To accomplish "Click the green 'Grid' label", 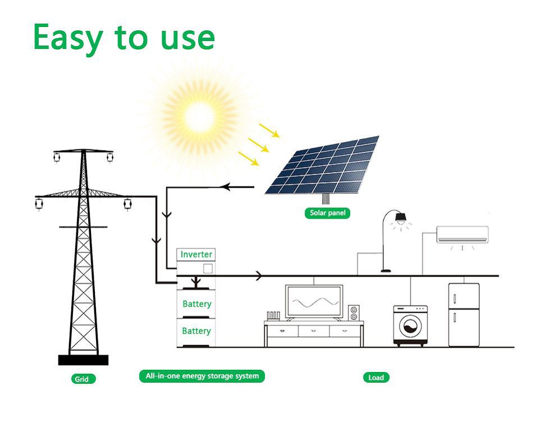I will click(82, 379).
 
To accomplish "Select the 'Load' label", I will click(376, 378).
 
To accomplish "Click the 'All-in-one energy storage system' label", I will click(202, 376).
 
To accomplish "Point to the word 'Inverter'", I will click(196, 255).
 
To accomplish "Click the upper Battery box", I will click(196, 304).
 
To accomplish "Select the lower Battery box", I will click(196, 331).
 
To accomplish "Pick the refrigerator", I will click(464, 315).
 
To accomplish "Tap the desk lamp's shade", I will click(401, 217).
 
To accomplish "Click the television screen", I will click(314, 302).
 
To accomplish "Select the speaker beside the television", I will click(354, 313).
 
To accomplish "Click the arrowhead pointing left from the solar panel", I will click(227, 187).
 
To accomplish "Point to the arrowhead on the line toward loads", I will click(259, 276).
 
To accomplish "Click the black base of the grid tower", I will click(83, 360).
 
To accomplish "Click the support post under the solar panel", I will click(326, 198).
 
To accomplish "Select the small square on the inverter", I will click(207, 269).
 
